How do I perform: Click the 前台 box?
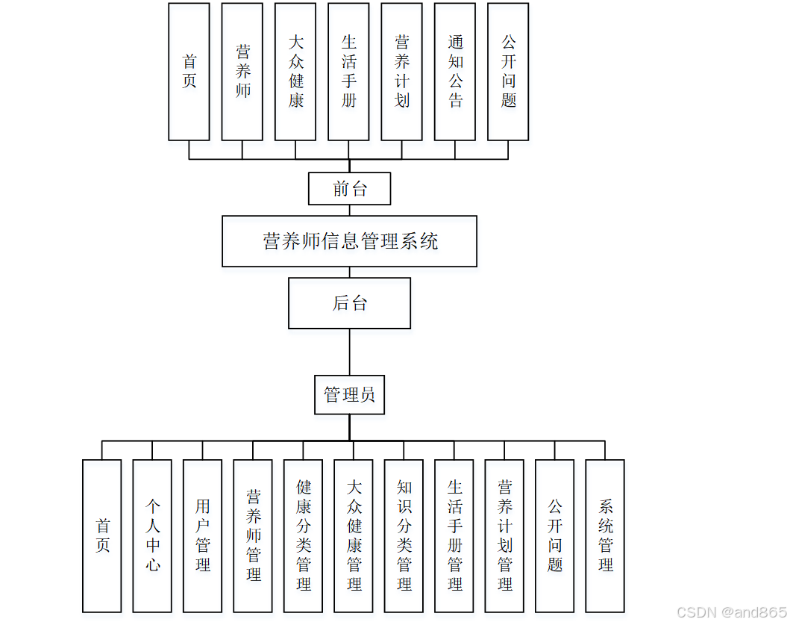(x=349, y=188)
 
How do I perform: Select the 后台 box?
(x=349, y=303)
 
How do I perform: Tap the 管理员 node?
(x=349, y=394)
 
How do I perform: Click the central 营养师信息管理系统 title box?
(x=349, y=241)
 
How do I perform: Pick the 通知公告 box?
(x=455, y=72)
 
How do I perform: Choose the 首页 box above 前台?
(x=189, y=72)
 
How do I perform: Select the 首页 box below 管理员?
(x=102, y=535)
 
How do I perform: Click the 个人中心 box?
(x=152, y=535)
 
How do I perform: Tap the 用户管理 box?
(x=203, y=535)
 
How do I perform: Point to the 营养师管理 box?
(x=253, y=535)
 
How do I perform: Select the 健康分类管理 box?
(x=304, y=535)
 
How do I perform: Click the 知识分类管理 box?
(x=404, y=535)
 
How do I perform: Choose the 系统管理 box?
(x=605, y=535)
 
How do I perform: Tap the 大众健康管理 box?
(x=354, y=535)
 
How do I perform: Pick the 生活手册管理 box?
(x=454, y=535)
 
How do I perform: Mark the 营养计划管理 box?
(x=505, y=535)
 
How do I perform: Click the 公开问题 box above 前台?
(x=508, y=72)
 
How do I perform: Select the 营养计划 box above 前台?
(x=402, y=72)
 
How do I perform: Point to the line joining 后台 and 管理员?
(x=349, y=352)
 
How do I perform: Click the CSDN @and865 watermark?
(x=731, y=612)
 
